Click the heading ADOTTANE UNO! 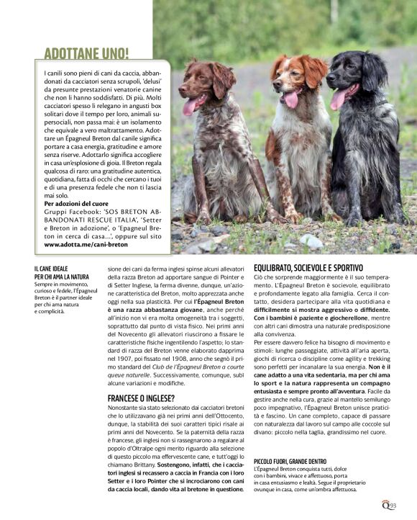[86, 53]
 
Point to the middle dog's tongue [291, 99]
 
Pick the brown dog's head [203, 83]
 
